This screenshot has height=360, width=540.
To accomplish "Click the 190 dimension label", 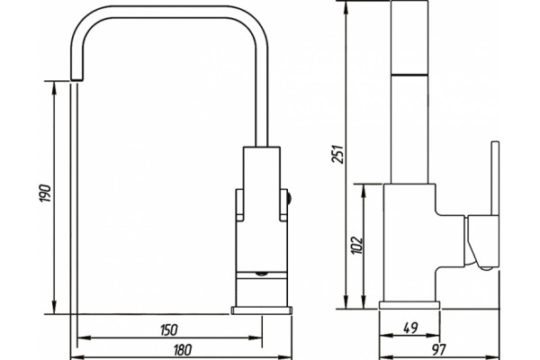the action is pyautogui.click(x=46, y=193).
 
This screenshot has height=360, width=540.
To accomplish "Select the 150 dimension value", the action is pyautogui.click(x=169, y=329).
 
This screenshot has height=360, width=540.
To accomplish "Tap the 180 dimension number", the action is pyautogui.click(x=182, y=350).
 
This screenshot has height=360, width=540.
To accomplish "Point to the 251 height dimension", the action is pyautogui.click(x=337, y=154).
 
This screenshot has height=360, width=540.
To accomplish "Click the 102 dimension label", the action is pyautogui.click(x=356, y=246).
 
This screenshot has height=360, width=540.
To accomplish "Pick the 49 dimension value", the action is pyautogui.click(x=410, y=328).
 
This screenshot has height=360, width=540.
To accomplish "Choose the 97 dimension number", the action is pyautogui.click(x=439, y=349).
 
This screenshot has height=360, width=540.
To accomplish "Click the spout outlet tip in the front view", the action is pyautogui.click(x=76, y=79).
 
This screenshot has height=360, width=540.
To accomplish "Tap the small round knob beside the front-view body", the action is pyautogui.click(x=289, y=198).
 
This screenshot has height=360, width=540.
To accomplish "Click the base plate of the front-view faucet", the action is pyautogui.click(x=262, y=310).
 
